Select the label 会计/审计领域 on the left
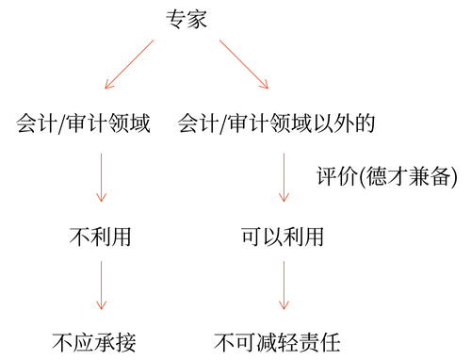coord(84,123)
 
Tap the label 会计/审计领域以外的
coord(283,123)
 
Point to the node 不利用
coord(101,237)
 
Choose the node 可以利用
coord(282,237)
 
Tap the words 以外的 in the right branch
coord(358,123)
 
